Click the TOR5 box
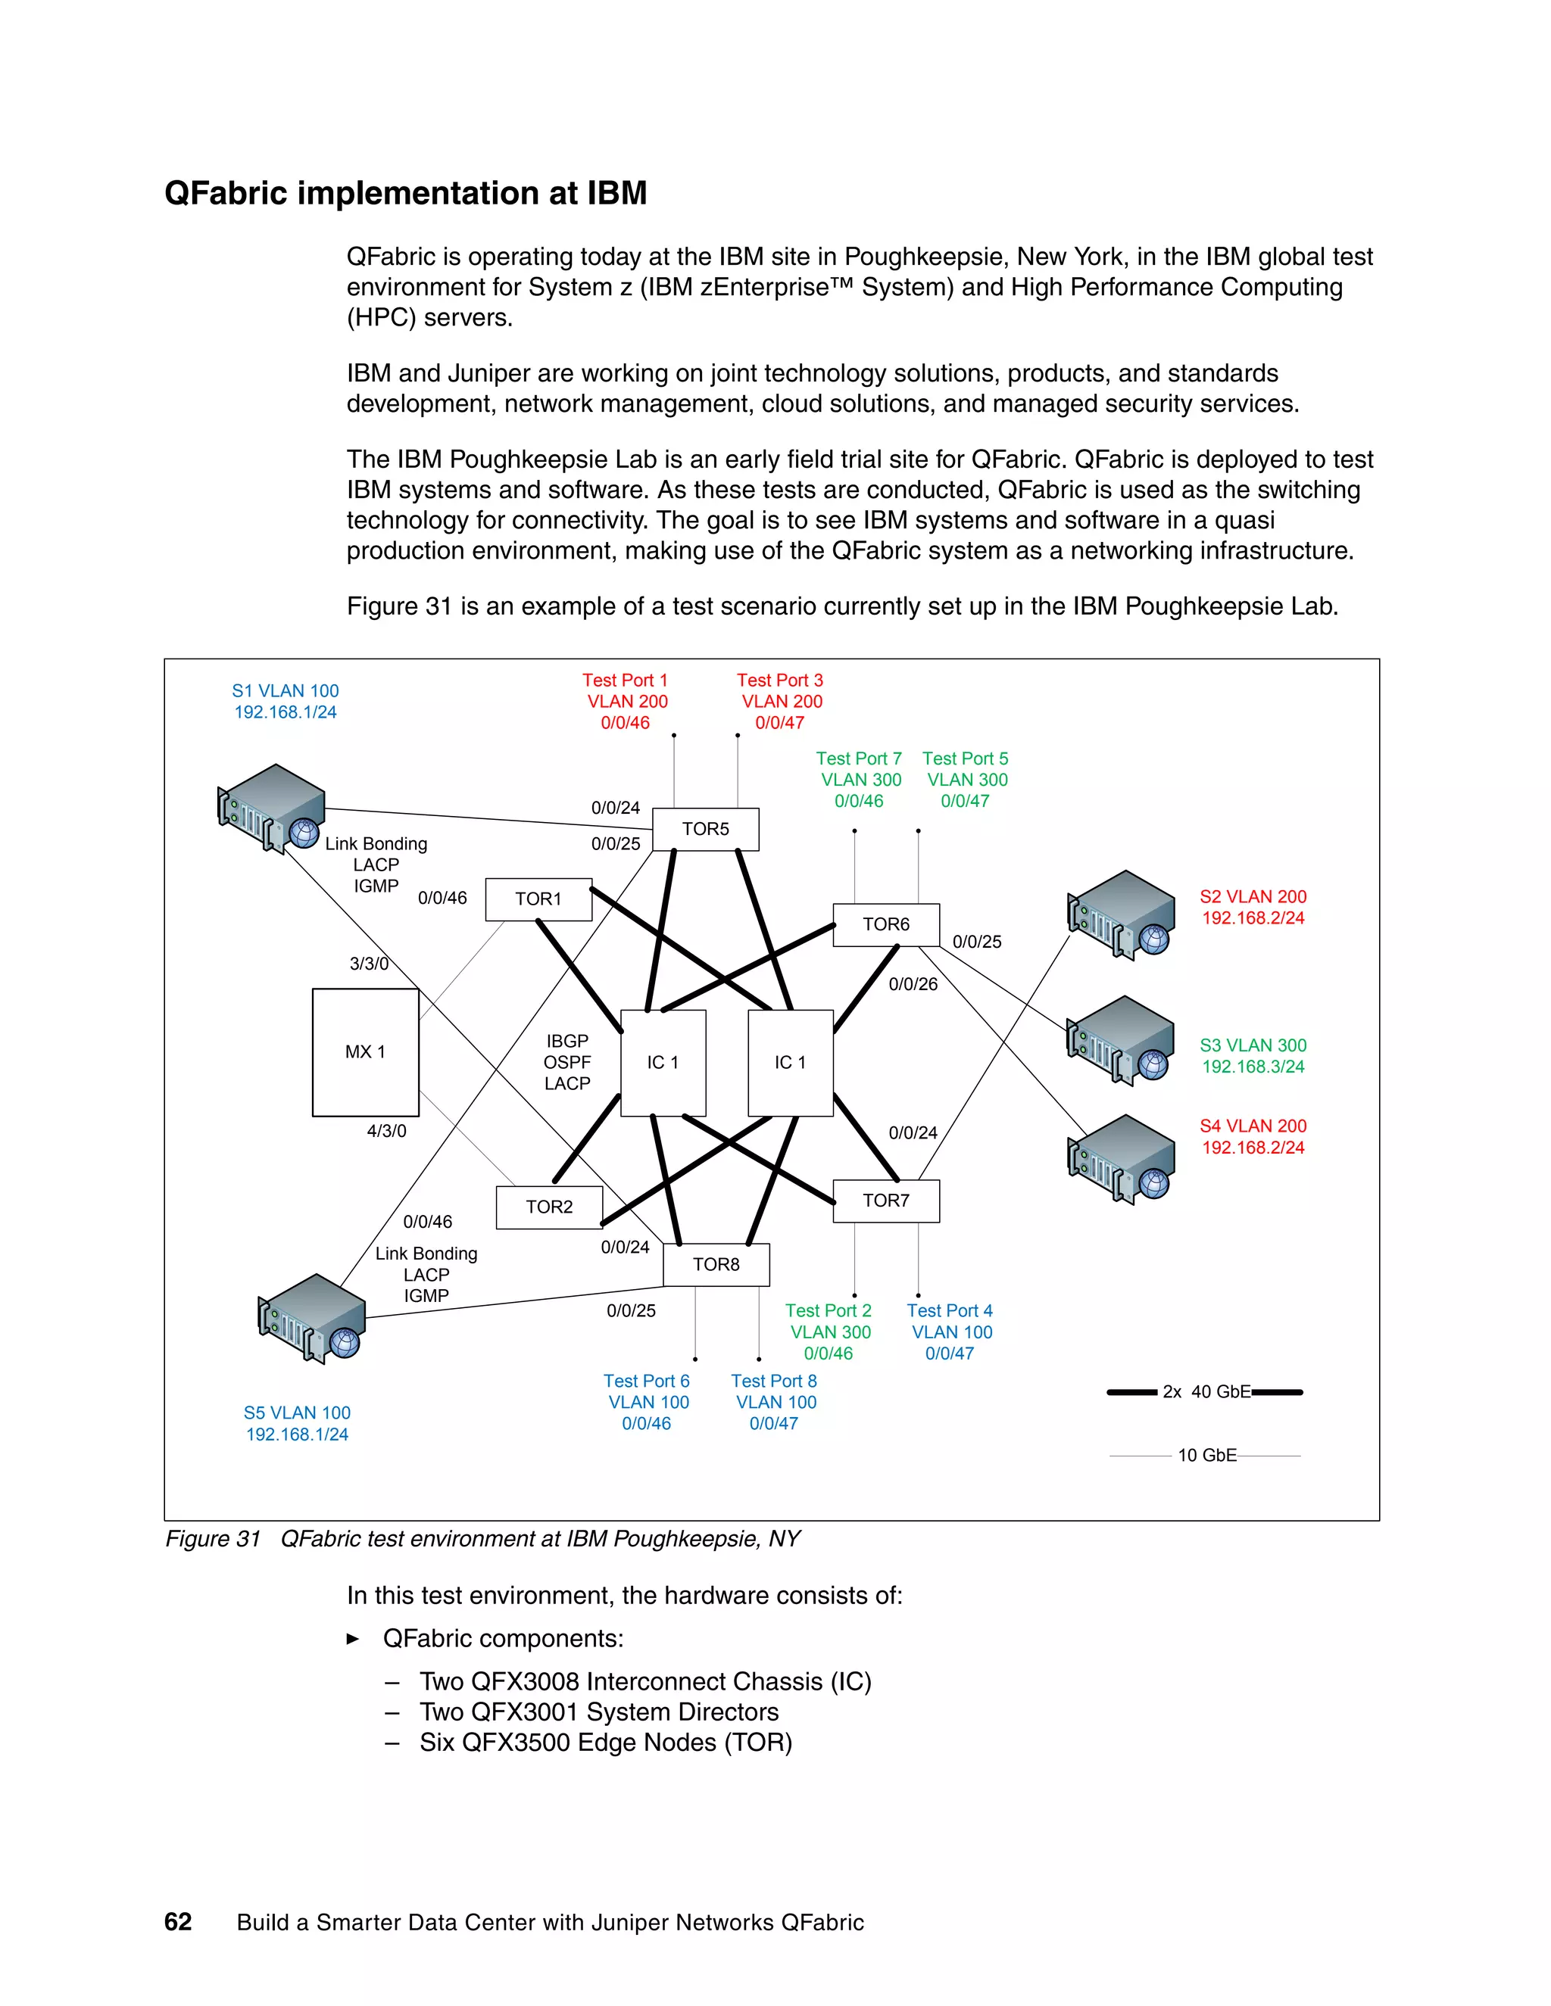coord(705,830)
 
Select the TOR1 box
coord(538,899)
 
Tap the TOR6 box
coord(886,925)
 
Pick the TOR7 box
coord(886,1201)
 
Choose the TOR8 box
coord(716,1265)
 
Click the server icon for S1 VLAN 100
coord(271,808)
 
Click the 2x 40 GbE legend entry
coord(1206,1391)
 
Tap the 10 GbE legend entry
coord(1206,1455)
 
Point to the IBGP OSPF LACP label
coord(567,1062)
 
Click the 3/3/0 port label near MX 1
coord(369,964)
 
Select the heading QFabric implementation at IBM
coord(406,193)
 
